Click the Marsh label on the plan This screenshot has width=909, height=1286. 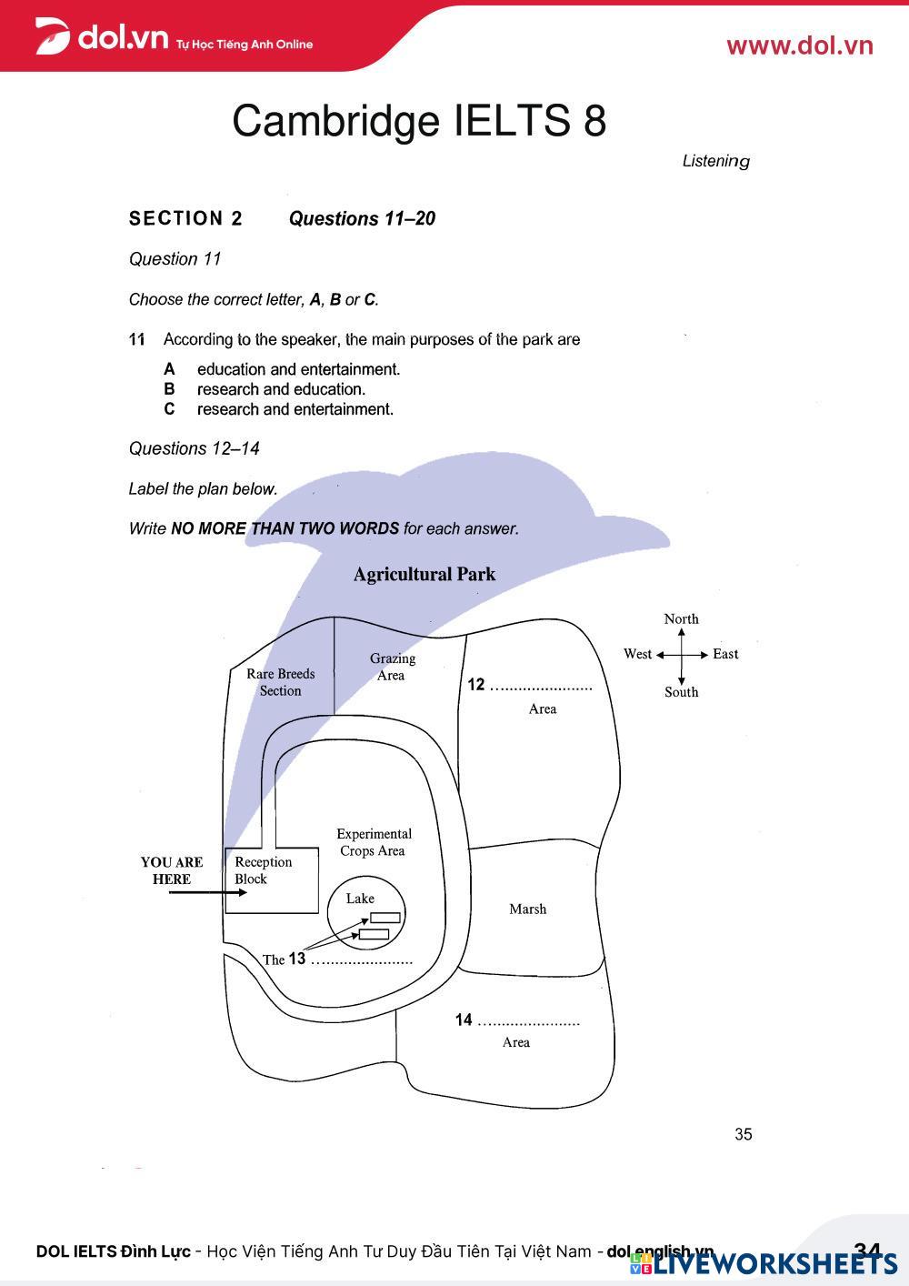click(x=527, y=909)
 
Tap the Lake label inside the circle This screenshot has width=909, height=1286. click(x=360, y=899)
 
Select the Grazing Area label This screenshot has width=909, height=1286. click(x=392, y=667)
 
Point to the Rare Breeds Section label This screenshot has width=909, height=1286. click(x=280, y=682)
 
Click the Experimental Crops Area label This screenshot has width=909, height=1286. click(x=374, y=842)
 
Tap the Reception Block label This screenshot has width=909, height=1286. click(x=263, y=870)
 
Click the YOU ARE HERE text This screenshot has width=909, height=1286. click(x=172, y=870)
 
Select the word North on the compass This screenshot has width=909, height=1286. click(x=681, y=619)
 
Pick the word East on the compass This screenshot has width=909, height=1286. click(x=725, y=654)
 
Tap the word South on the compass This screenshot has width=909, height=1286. click(x=681, y=692)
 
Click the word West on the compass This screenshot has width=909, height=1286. click(x=637, y=654)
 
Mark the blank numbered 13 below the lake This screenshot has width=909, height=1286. click(x=362, y=960)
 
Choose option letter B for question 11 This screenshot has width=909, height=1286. click(x=169, y=389)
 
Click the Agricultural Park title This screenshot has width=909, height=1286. click(x=425, y=574)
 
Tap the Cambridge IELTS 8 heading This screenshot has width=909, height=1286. click(x=419, y=121)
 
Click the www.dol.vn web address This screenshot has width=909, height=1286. click(x=799, y=46)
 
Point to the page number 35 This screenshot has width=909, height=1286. click(x=744, y=1134)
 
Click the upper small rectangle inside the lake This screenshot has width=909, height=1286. click(x=385, y=917)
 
